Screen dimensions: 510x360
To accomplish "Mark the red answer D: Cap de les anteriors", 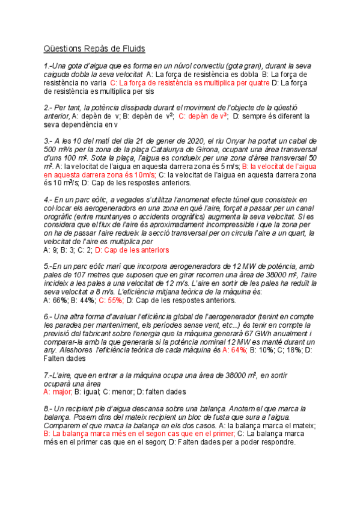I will pos(132,250).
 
